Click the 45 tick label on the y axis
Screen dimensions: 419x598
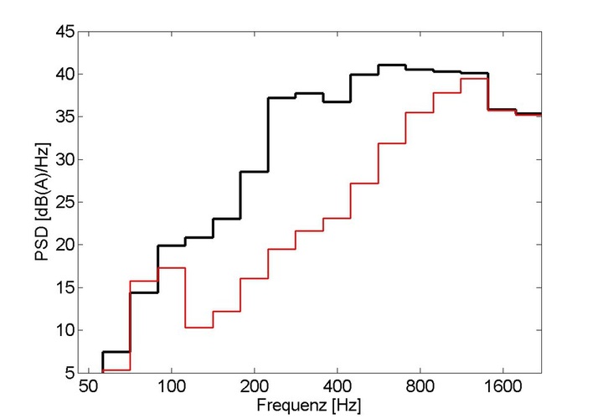[65, 33]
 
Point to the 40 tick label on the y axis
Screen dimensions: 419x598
[65, 75]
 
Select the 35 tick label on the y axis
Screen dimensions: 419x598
[65, 117]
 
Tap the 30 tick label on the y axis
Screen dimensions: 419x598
[65, 160]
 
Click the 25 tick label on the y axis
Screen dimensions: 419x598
[65, 203]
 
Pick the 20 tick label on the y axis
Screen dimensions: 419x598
[65, 245]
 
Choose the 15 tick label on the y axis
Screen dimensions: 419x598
[65, 287]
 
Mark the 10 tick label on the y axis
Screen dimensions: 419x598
[65, 330]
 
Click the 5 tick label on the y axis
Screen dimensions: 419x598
[70, 373]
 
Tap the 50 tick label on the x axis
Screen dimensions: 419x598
[90, 389]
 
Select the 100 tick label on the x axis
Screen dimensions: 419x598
[172, 389]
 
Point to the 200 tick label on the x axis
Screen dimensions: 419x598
[255, 389]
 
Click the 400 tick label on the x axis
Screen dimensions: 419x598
[337, 389]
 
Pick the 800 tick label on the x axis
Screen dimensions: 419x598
[420, 389]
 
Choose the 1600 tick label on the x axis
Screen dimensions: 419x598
[502, 389]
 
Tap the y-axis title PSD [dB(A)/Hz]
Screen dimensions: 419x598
[42, 202]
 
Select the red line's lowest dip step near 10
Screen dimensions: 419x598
[198, 327]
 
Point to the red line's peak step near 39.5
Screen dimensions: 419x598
[475, 78]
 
